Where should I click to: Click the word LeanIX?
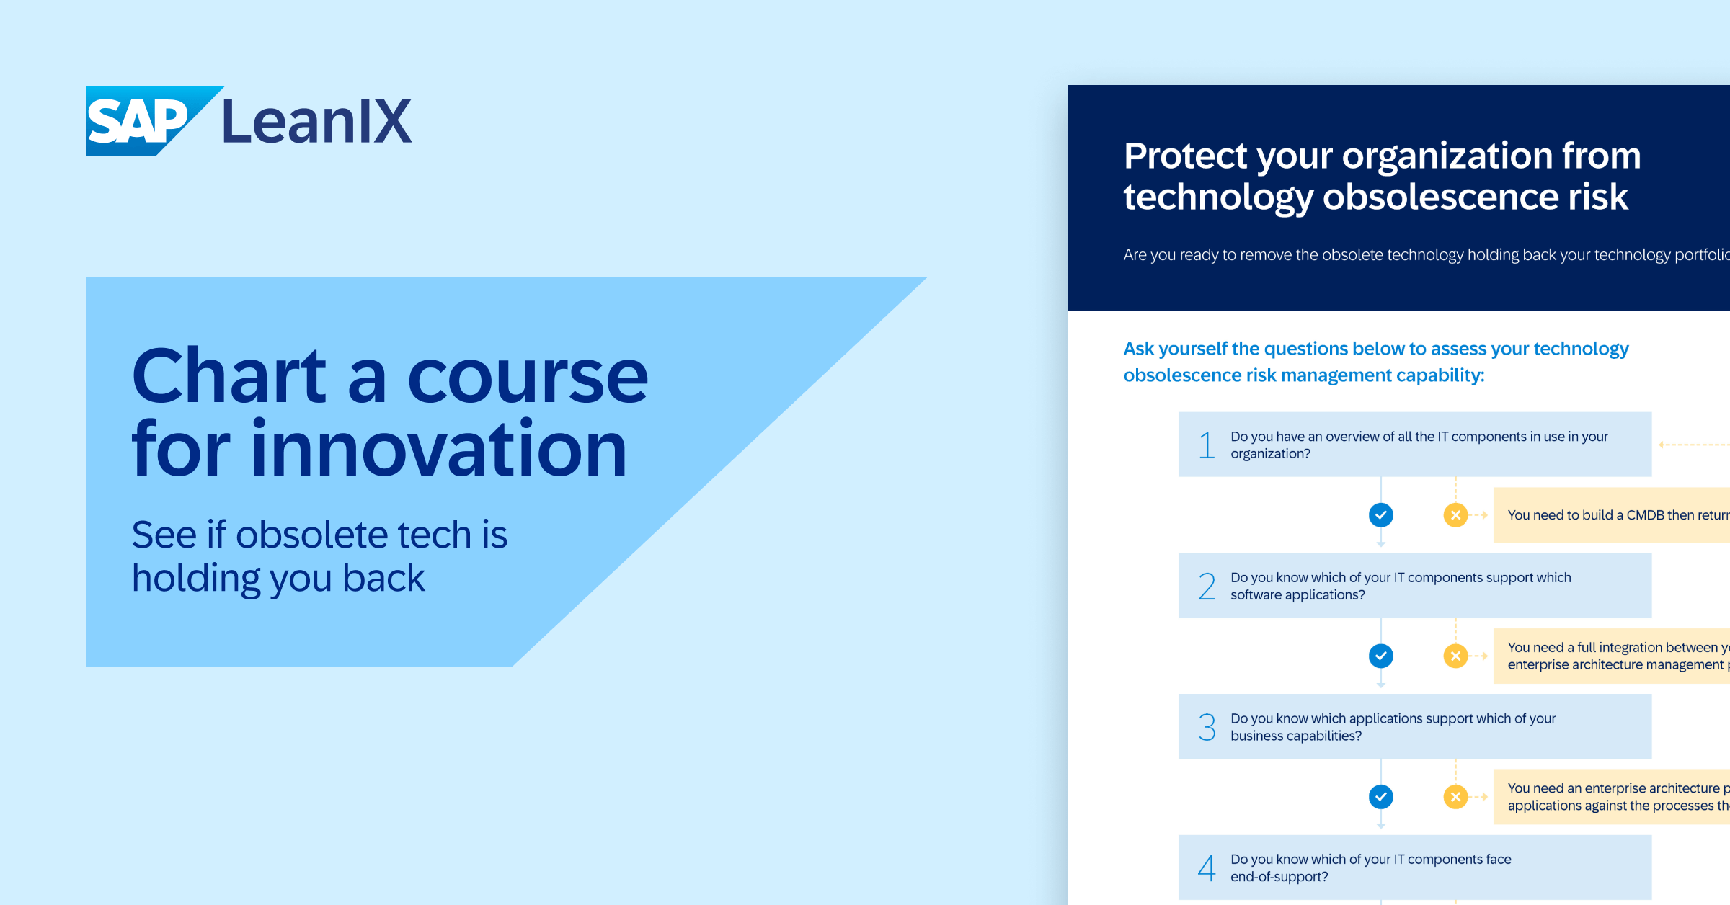[x=316, y=122]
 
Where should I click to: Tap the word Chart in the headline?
[x=229, y=376]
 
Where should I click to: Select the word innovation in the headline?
[x=438, y=450]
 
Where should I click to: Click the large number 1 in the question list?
[x=1206, y=445]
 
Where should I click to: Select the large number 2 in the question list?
[x=1206, y=586]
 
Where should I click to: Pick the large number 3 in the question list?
[x=1206, y=726]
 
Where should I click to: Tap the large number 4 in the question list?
[x=1206, y=868]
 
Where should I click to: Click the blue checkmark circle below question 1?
[x=1380, y=514]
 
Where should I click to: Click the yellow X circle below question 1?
[x=1455, y=514]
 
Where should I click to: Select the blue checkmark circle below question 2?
[x=1380, y=656]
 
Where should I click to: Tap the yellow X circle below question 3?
[x=1455, y=797]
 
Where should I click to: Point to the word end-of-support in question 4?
[x=1279, y=877]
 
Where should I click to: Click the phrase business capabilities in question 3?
[x=1295, y=736]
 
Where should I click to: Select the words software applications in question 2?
[x=1297, y=595]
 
